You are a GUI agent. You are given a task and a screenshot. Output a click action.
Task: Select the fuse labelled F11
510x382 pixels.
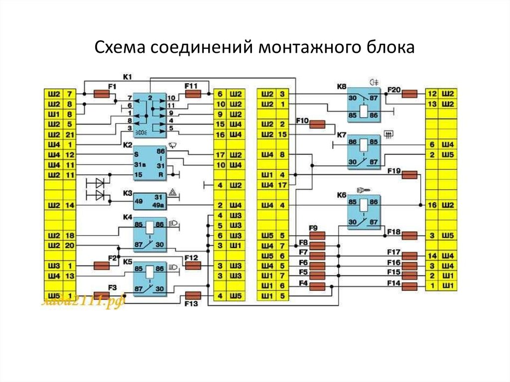[193, 93]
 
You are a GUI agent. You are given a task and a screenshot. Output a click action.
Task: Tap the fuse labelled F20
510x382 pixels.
[410, 93]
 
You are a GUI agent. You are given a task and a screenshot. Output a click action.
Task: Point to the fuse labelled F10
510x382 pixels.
[317, 125]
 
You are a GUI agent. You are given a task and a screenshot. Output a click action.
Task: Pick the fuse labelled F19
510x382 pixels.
[410, 174]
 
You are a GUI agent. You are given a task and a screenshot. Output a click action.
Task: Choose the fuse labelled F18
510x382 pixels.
[410, 235]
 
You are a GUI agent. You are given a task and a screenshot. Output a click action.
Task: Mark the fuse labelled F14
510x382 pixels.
[410, 286]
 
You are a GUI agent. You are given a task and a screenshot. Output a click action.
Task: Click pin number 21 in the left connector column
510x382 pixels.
[69, 134]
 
